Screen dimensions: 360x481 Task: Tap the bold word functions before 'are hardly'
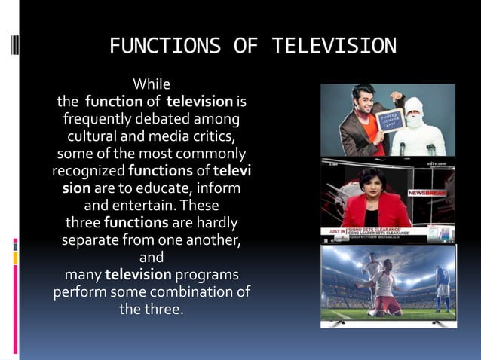click(x=136, y=224)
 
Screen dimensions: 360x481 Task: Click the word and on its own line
click(x=152, y=258)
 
